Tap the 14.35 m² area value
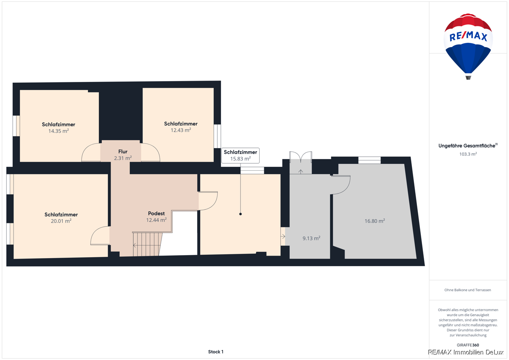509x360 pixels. tap(59, 131)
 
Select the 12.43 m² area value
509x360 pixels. tap(181, 130)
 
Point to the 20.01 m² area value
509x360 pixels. tap(61, 221)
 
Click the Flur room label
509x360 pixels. tap(123, 152)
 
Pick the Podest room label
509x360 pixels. tap(157, 213)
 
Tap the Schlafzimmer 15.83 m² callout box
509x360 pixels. tap(241, 155)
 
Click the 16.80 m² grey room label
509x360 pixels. tap(375, 221)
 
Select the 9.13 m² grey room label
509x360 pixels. tap(311, 238)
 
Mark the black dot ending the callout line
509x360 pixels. tap(241, 214)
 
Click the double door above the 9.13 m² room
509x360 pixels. tap(301, 157)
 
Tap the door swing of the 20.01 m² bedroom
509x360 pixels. tap(100, 235)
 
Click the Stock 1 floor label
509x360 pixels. tap(215, 352)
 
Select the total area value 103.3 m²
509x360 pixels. tap(468, 154)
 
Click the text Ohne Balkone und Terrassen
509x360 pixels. tap(467, 290)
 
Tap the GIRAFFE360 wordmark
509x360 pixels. tap(468, 345)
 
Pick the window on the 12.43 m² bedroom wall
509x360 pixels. tap(217, 136)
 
